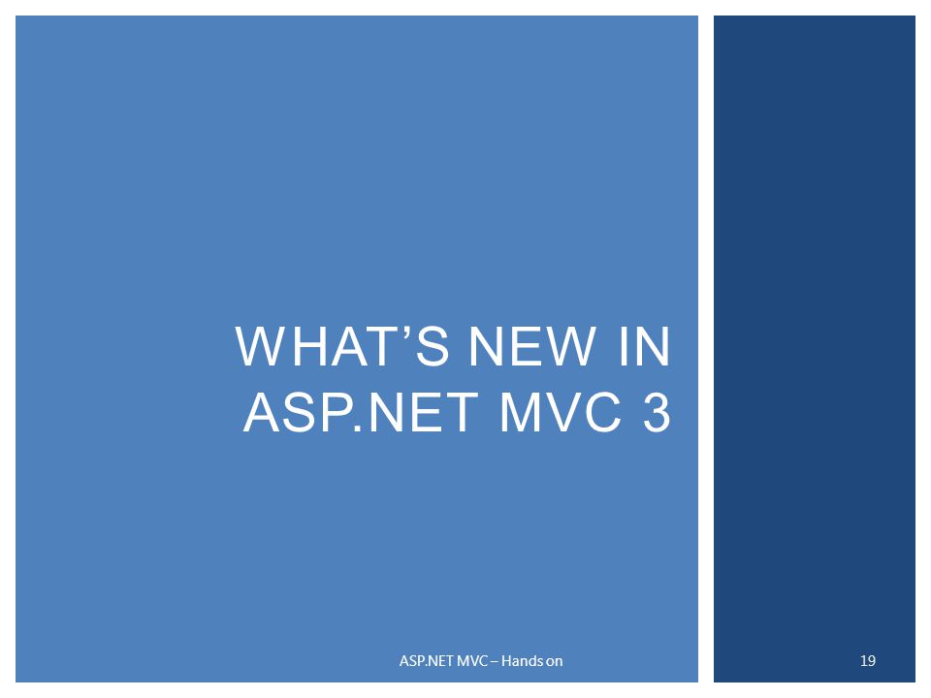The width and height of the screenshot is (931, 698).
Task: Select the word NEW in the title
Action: click(510, 348)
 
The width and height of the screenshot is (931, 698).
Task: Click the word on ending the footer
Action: click(555, 661)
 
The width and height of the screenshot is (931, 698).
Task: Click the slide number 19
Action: click(868, 661)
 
